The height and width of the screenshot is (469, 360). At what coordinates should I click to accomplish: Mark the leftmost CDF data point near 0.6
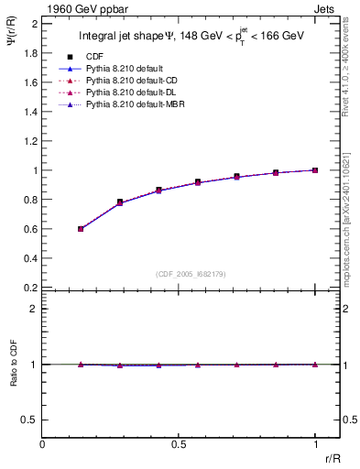[x=81, y=229]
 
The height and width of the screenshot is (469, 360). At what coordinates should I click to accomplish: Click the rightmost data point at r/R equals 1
[x=315, y=170]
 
